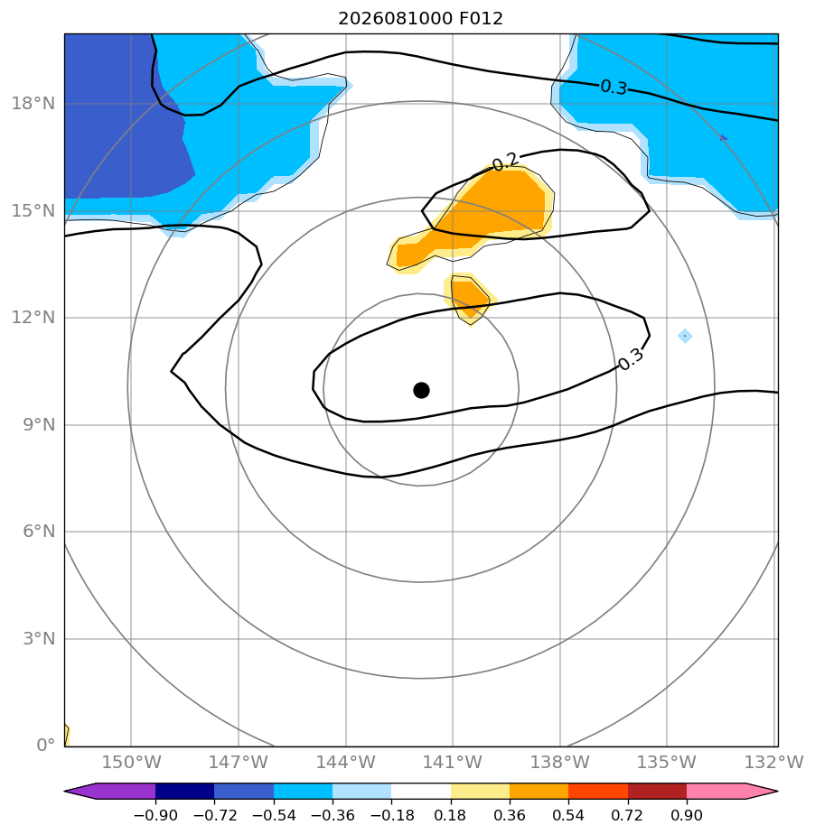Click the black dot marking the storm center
click(421, 391)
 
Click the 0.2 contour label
click(504, 162)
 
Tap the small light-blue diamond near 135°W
click(685, 336)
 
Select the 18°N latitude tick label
click(33, 103)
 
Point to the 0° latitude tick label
click(46, 745)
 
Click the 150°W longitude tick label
click(131, 762)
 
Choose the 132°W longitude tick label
click(773, 762)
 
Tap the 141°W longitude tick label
click(452, 762)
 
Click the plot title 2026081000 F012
click(420, 19)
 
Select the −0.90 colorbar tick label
click(155, 815)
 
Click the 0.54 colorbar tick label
click(568, 815)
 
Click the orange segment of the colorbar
click(539, 791)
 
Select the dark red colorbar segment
click(658, 791)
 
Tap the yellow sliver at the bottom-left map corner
click(67, 735)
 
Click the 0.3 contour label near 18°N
click(614, 87)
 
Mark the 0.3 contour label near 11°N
click(632, 359)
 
